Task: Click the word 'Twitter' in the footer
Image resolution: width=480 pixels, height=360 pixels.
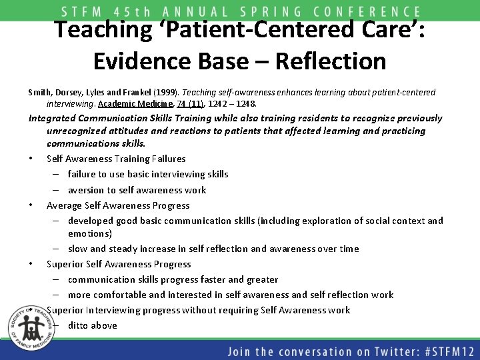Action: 377,351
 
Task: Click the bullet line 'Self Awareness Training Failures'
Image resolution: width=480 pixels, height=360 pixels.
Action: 116,159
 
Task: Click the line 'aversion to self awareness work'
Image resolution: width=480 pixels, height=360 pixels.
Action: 137,190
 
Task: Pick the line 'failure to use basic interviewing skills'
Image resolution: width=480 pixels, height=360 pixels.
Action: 147,174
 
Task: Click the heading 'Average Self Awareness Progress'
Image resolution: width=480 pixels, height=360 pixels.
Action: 118,205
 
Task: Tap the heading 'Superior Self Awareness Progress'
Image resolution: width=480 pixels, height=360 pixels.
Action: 119,264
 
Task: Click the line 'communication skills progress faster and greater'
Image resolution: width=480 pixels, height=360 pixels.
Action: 173,279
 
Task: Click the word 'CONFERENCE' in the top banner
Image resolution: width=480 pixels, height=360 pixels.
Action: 367,12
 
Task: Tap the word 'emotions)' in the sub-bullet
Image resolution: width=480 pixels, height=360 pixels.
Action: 89,233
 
